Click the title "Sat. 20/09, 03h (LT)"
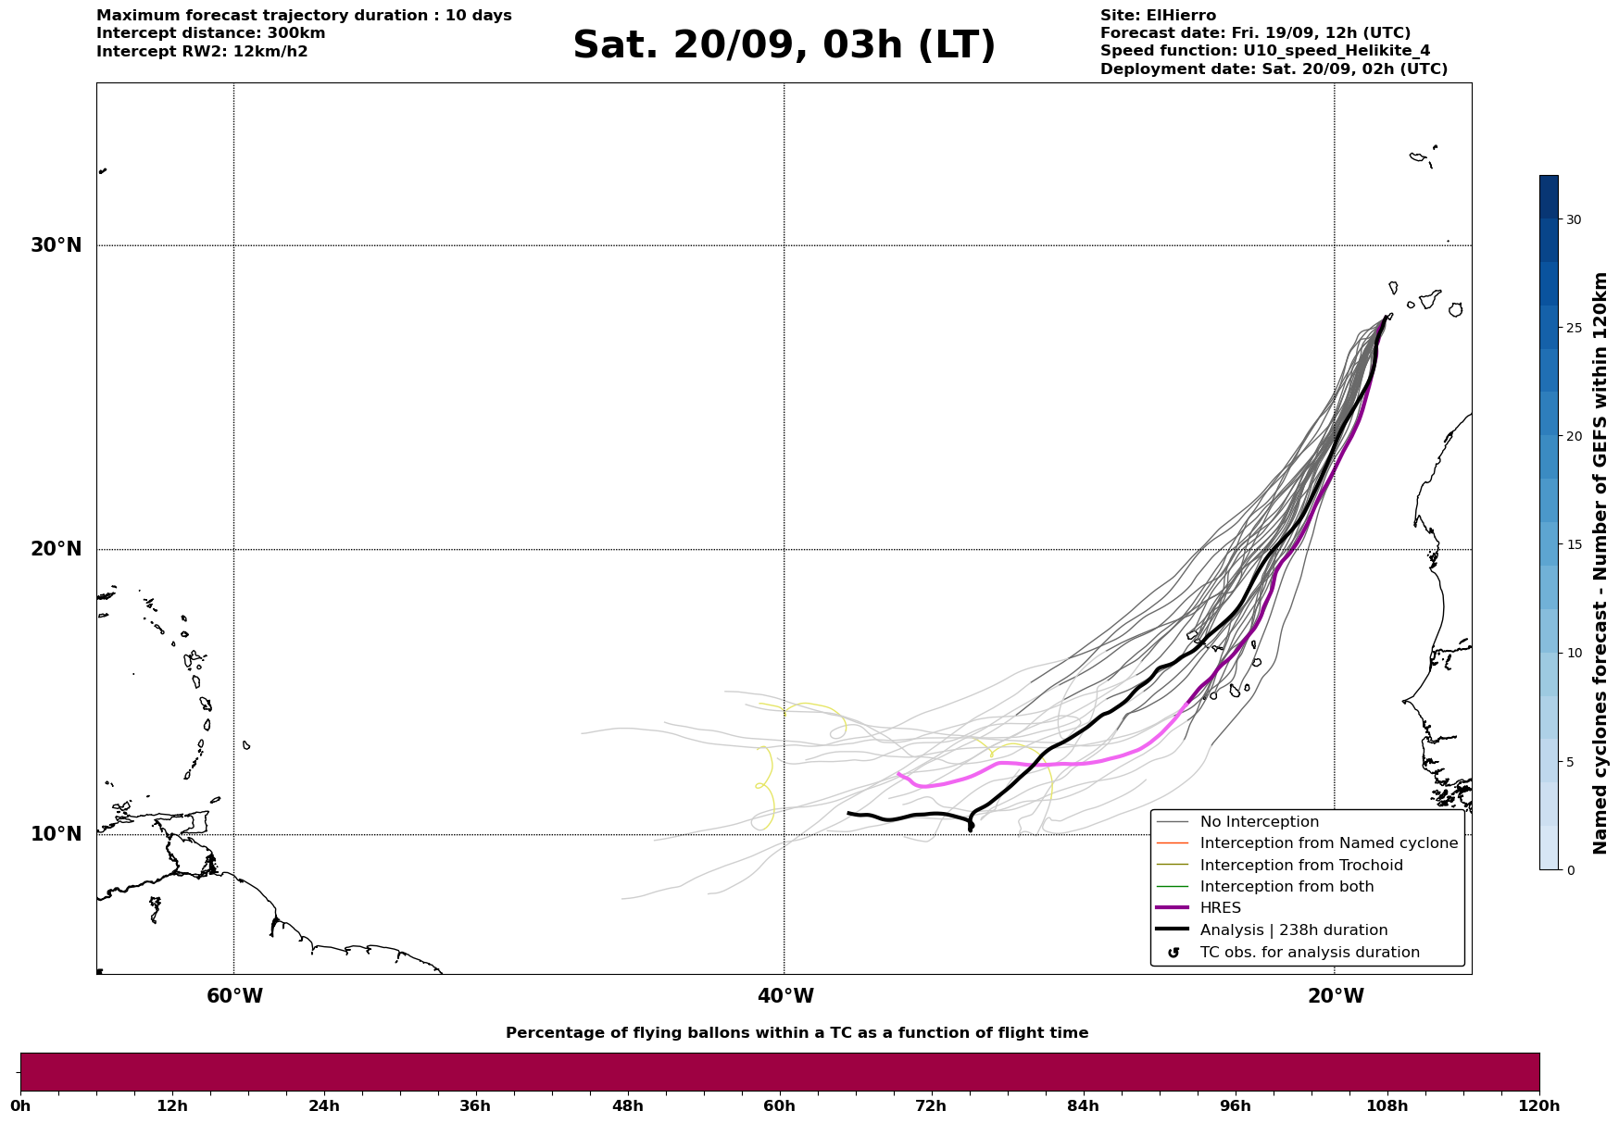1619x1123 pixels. [784, 45]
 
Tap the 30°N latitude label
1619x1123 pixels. [56, 245]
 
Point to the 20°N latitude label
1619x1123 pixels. [56, 549]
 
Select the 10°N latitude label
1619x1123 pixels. [56, 834]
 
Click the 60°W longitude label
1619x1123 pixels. [233, 996]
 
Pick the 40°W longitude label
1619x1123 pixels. [784, 996]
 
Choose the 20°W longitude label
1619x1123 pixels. [1335, 996]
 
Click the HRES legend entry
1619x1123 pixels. [1220, 908]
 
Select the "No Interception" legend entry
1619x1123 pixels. [1259, 822]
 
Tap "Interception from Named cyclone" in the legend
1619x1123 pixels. [1328, 843]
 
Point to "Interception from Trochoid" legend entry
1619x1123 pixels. [1300, 866]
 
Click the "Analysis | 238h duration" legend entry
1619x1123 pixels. [1293, 930]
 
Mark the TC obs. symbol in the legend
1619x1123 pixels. [1173, 953]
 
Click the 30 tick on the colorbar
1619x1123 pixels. [1573, 219]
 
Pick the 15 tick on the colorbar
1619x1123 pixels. [1573, 544]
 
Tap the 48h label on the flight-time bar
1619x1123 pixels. [627, 1106]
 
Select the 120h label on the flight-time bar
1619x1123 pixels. [1538, 1106]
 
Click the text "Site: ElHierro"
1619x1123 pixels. [1158, 16]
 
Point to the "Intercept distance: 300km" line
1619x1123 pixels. [210, 33]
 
